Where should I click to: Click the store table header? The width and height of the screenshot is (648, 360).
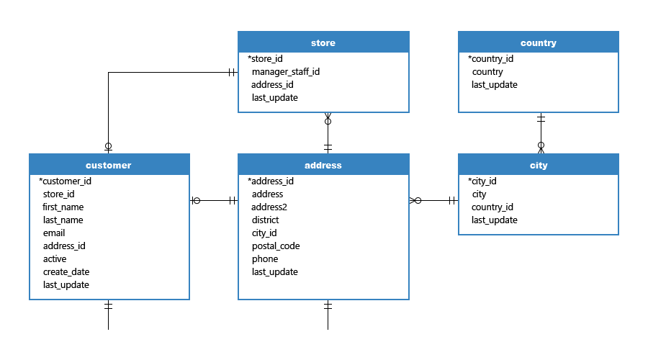coord(323,42)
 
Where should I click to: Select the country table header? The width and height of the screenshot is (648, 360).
coord(538,42)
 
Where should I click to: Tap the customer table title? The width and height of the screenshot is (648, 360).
coord(108,166)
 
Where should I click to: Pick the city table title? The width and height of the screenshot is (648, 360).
coord(539,166)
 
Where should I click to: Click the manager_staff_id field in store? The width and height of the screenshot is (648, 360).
coord(286,72)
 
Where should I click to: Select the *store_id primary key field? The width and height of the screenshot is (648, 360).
coord(265,59)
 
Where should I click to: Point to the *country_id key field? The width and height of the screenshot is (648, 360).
coord(490,59)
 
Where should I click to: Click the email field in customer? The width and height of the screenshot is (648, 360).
coord(54,233)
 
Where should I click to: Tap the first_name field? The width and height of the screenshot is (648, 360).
coord(63,207)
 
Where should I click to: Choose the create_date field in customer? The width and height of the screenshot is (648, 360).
coord(66,272)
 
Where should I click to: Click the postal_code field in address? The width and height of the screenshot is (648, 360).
coord(276,246)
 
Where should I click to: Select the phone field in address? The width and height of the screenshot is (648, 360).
coord(265,259)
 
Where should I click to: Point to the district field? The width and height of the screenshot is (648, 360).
coord(265,220)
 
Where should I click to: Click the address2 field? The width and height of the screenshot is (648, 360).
coord(269,207)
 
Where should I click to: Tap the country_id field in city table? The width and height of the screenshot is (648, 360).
coord(492,207)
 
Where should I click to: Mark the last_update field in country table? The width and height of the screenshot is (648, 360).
coord(494,85)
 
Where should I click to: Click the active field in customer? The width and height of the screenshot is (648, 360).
coord(55,259)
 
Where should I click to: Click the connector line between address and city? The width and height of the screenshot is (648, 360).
coord(433,200)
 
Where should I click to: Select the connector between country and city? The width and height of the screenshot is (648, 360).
coord(541,133)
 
